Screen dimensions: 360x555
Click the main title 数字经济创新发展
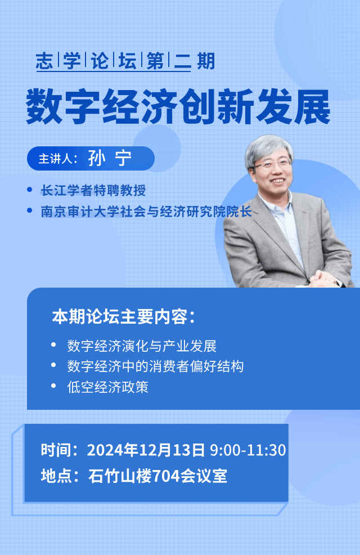pyautogui.click(x=178, y=106)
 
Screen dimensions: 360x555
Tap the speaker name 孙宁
pyautogui.click(x=110, y=158)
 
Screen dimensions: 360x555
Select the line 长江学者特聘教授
pyautogui.click(x=93, y=190)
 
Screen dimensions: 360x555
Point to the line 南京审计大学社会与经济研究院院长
pyautogui.click(x=146, y=211)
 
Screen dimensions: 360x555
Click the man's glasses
pyautogui.click(x=272, y=164)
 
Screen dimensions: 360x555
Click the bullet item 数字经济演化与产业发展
pyautogui.click(x=142, y=346)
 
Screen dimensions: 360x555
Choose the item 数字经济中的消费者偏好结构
pyautogui.click(x=155, y=366)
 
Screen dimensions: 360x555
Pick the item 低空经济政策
pyautogui.click(x=108, y=387)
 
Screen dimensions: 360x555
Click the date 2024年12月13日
pyautogui.click(x=146, y=450)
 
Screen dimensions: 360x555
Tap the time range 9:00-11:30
pyautogui.click(x=248, y=450)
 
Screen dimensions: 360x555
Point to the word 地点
pyautogui.click(x=54, y=476)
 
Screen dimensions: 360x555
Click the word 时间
pyautogui.click(x=54, y=450)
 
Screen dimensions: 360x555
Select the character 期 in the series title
pyautogui.click(x=206, y=61)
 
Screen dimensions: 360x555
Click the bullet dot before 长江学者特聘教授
pyautogui.click(x=30, y=190)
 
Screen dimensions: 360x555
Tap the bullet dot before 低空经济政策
pyautogui.click(x=54, y=386)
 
